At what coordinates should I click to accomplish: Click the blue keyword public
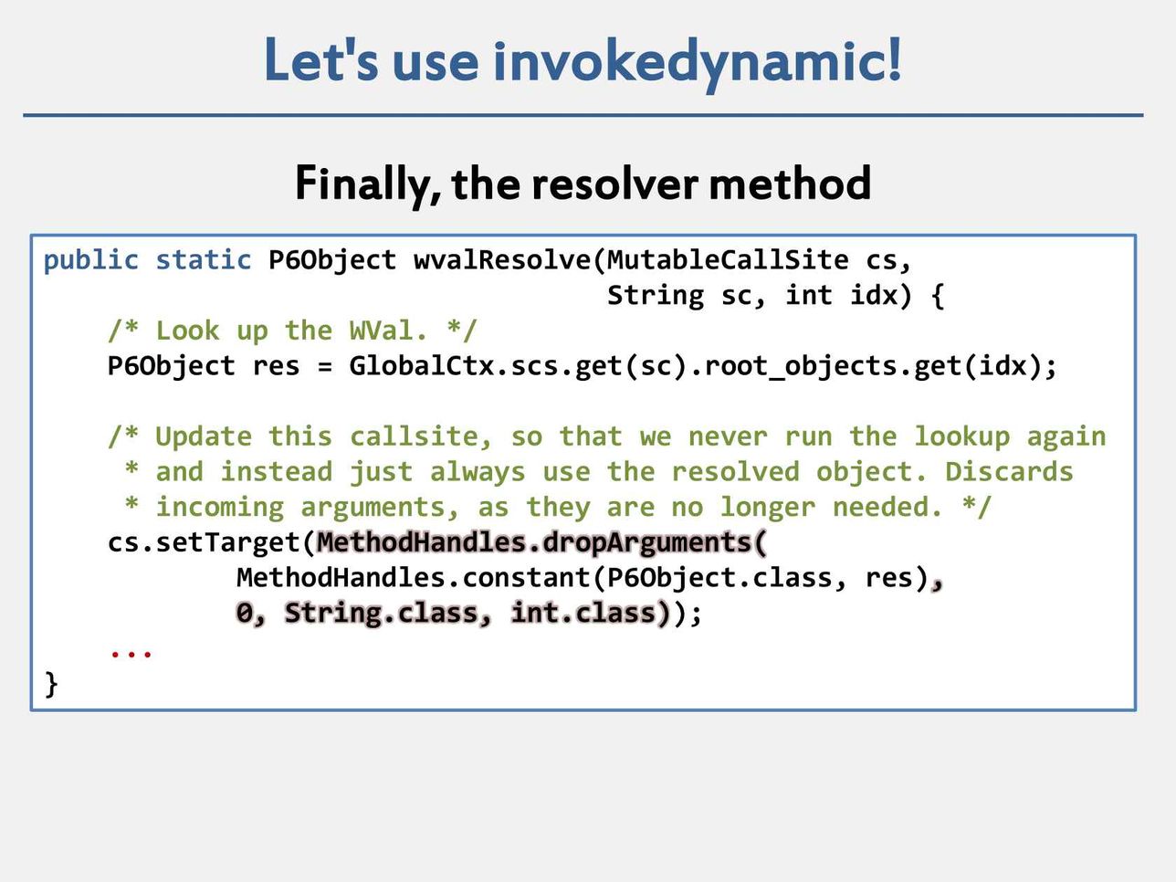[x=91, y=261]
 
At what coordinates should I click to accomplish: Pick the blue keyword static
[x=204, y=260]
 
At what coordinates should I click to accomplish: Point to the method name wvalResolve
[x=502, y=260]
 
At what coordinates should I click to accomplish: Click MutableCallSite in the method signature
[x=728, y=260]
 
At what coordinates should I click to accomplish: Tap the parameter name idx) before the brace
[x=881, y=296]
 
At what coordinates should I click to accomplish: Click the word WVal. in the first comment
[x=388, y=331]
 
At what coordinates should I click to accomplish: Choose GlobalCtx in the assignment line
[x=422, y=366]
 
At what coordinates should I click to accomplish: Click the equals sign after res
[x=325, y=367]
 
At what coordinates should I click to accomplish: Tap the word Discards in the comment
[x=1010, y=472]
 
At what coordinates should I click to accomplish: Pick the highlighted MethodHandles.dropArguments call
[x=542, y=543]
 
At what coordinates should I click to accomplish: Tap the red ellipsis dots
[x=131, y=654]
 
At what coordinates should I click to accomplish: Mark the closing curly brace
[x=51, y=685]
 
